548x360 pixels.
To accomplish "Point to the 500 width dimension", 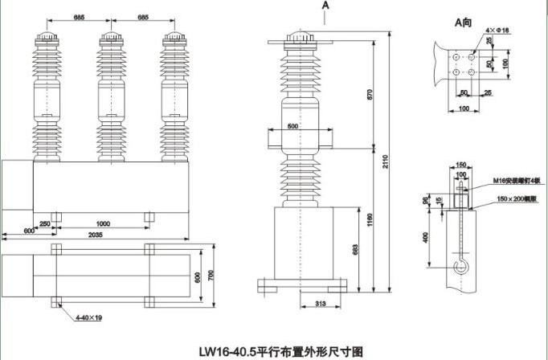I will click(292, 127).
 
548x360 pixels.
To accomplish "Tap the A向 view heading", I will click(463, 22).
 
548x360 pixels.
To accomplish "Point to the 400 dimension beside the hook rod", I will click(426, 237).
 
